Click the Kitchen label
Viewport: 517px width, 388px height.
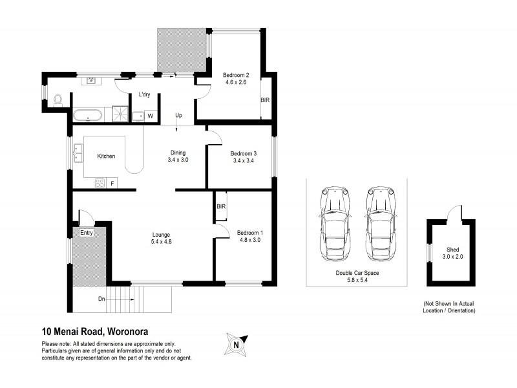coord(106,156)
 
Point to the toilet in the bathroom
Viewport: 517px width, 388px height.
coord(58,100)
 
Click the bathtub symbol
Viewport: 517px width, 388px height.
coord(86,116)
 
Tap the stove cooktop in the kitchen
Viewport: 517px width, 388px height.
coord(100,183)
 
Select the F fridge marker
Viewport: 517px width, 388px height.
coord(112,184)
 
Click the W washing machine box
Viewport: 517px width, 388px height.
coord(150,116)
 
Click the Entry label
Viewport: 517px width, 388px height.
coord(87,233)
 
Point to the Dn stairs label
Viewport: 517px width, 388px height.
coord(101,298)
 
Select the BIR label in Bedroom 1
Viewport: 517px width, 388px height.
coord(221,206)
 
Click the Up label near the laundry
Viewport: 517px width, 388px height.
coord(178,116)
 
